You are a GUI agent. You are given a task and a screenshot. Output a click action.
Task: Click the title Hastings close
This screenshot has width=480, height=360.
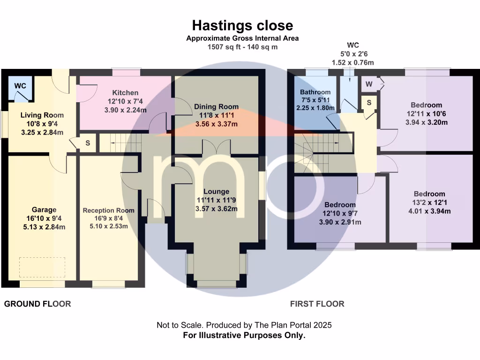tap(242, 25)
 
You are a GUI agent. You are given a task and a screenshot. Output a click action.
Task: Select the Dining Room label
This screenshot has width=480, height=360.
tap(216, 107)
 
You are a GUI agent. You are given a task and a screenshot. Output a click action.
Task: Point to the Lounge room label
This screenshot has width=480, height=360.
tap(216, 191)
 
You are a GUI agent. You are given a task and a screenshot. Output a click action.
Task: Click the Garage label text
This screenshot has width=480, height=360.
tap(44, 210)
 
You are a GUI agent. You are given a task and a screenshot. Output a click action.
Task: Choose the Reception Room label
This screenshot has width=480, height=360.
tap(109, 210)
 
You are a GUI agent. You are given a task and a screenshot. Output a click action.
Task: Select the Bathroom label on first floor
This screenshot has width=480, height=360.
tap(315, 92)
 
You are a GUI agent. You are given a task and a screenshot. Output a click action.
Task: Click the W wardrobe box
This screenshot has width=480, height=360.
tap(369, 84)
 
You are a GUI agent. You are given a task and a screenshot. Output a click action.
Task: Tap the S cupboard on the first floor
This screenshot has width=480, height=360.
tap(369, 103)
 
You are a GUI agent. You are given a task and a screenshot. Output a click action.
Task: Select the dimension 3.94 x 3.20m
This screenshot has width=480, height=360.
tap(427, 123)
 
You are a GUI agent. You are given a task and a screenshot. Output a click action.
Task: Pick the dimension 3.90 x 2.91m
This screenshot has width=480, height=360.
tap(340, 222)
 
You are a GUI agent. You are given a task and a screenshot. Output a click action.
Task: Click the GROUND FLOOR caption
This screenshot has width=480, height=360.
tap(37, 304)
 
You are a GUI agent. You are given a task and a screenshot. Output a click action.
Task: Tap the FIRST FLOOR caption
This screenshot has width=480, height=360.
tap(317, 304)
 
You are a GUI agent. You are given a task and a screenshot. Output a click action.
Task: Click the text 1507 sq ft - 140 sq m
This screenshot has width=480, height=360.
tap(242, 47)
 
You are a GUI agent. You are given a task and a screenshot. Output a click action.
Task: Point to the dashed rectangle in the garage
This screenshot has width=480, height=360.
tap(42, 267)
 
